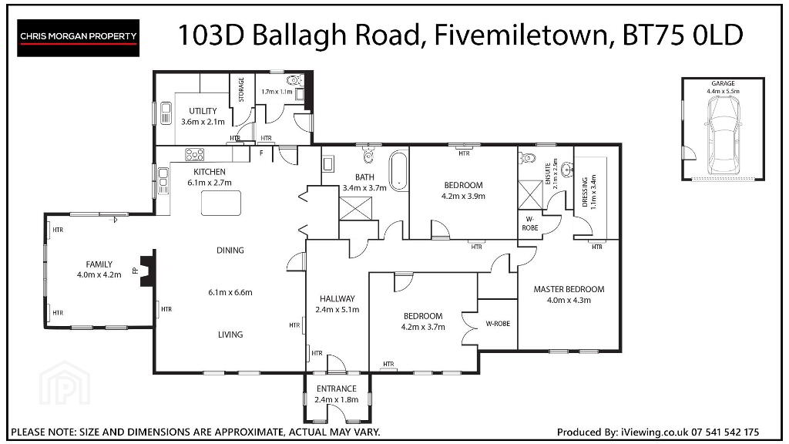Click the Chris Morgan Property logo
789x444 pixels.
pyautogui.click(x=78, y=38)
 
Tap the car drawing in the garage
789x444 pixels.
pyautogui.click(x=723, y=135)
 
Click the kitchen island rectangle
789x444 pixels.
pyautogui.click(x=221, y=203)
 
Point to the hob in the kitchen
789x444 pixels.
pyautogui.click(x=194, y=154)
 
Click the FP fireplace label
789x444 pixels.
pyautogui.click(x=135, y=271)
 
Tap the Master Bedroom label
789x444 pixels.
pyautogui.click(x=569, y=290)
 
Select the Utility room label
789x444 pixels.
pyautogui.click(x=203, y=111)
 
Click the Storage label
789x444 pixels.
pyautogui.click(x=241, y=89)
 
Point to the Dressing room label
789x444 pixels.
pyautogui.click(x=585, y=192)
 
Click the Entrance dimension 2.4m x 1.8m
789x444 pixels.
pyautogui.click(x=336, y=400)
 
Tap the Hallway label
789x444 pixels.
pyautogui.click(x=337, y=298)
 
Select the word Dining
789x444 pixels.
pyautogui.click(x=230, y=251)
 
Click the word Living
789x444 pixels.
pyautogui.click(x=230, y=335)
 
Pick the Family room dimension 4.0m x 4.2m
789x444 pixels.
pyautogui.click(x=99, y=275)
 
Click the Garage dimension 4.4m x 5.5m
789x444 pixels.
pyautogui.click(x=723, y=91)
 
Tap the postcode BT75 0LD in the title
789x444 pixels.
pyautogui.click(x=683, y=35)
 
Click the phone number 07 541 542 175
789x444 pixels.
pyautogui.click(x=725, y=432)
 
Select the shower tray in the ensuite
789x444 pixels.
pyautogui.click(x=530, y=194)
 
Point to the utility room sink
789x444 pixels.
pyautogui.click(x=166, y=113)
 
